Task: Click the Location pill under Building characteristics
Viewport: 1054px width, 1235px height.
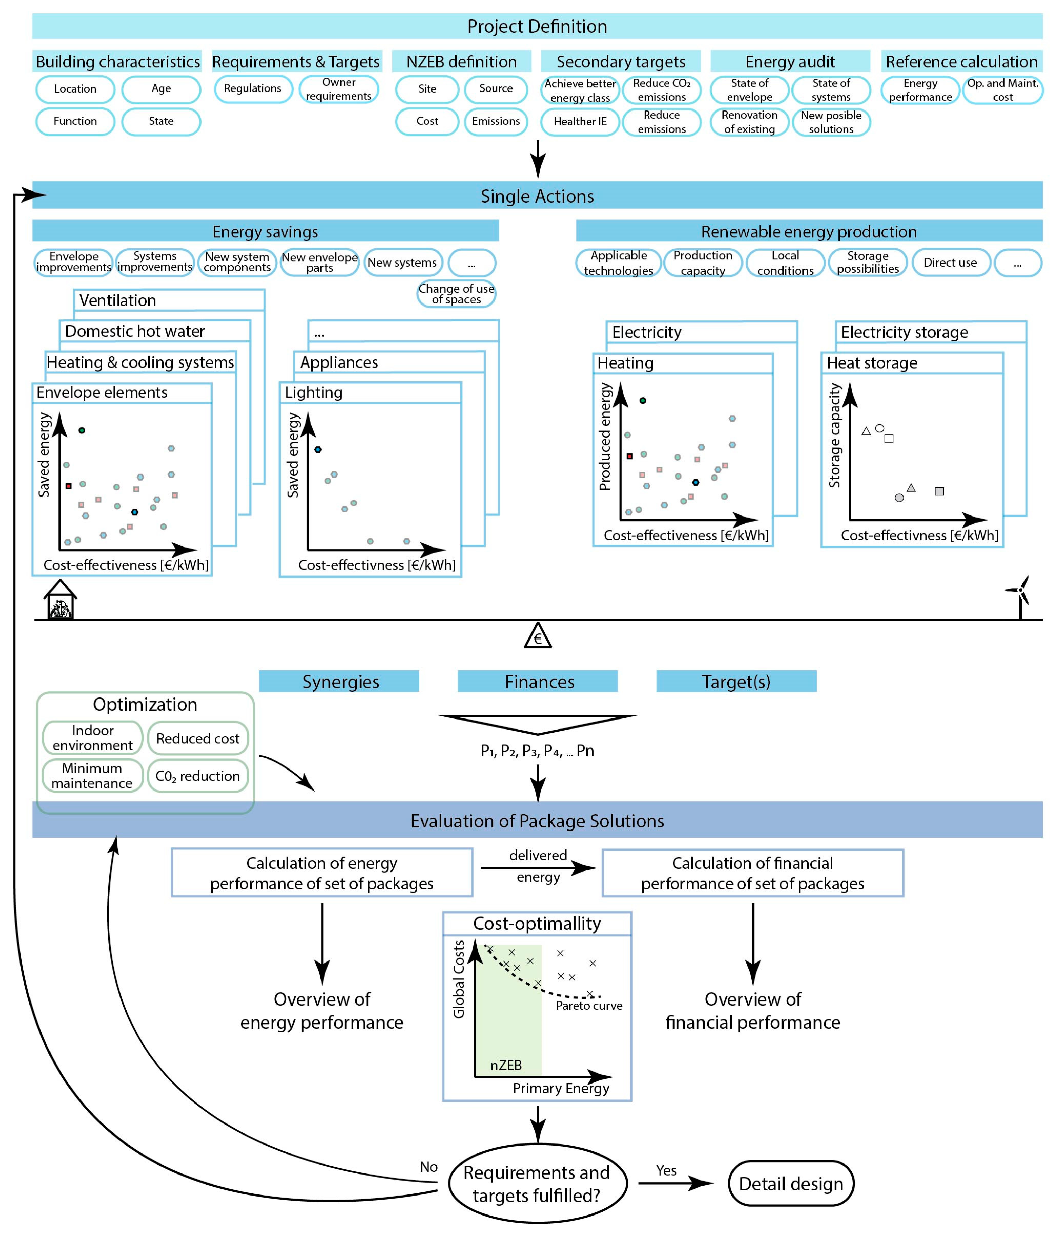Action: [x=75, y=89]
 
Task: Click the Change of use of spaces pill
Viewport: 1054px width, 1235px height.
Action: [x=456, y=294]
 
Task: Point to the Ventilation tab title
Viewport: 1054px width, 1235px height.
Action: [x=118, y=300]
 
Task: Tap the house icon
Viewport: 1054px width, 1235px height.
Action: [x=60, y=601]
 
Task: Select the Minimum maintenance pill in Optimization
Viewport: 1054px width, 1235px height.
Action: [x=92, y=775]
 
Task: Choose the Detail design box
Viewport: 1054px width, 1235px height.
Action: [x=790, y=1184]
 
